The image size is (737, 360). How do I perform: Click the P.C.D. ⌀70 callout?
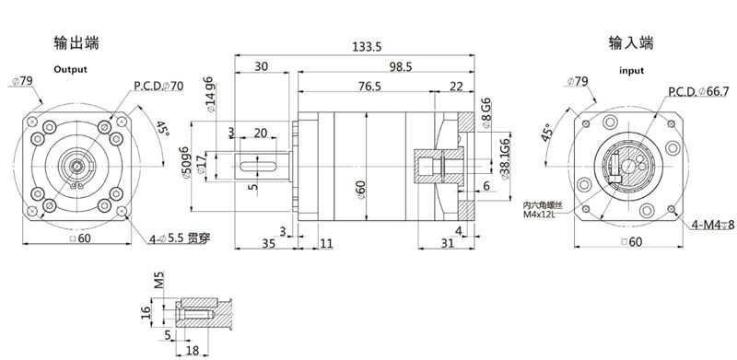(x=158, y=87)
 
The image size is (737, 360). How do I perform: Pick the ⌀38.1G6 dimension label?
(x=505, y=157)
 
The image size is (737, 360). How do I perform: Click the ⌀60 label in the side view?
(x=360, y=188)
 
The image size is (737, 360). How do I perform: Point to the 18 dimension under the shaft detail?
(x=193, y=350)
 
